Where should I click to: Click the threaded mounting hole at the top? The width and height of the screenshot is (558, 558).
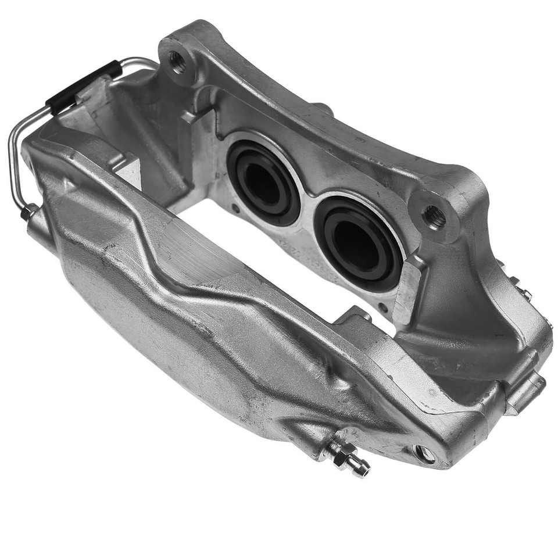(177, 61)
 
